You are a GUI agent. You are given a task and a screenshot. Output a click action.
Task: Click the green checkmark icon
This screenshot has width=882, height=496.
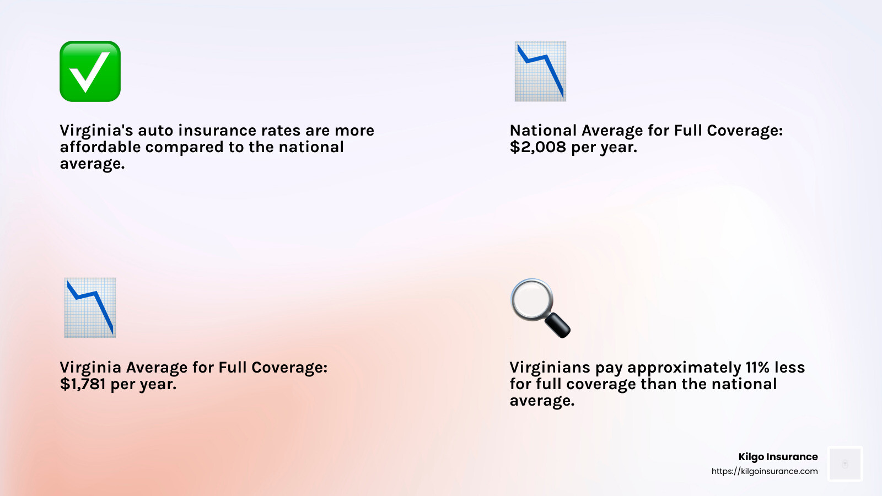coord(90,71)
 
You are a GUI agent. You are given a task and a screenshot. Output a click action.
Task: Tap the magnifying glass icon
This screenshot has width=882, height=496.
coord(540,308)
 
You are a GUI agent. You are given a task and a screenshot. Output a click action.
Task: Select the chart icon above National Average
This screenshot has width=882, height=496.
coord(540,71)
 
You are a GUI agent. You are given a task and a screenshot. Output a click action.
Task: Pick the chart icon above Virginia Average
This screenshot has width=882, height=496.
coord(90,308)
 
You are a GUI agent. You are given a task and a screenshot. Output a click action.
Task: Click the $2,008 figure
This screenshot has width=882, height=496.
coord(537,147)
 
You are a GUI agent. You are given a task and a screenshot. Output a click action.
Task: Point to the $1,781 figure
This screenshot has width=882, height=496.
coord(82,384)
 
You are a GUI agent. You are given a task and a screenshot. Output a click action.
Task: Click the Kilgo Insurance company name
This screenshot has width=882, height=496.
coord(778,457)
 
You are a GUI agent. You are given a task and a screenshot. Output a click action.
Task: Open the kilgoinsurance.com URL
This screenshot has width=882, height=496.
coord(764,471)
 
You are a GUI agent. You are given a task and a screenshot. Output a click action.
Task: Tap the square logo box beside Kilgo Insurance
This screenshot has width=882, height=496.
coord(845,463)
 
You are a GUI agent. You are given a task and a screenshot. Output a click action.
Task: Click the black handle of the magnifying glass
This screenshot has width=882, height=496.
coord(557,325)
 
